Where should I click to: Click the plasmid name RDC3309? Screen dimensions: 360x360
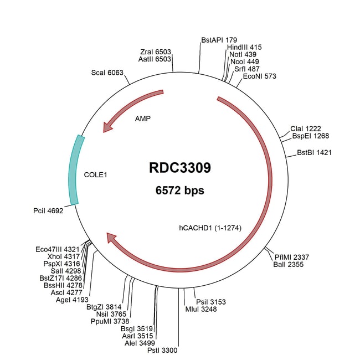pyautogui.click(x=179, y=168)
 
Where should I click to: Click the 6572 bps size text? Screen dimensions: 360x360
pyautogui.click(x=179, y=191)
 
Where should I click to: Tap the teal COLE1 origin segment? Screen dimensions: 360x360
pyautogui.click(x=74, y=169)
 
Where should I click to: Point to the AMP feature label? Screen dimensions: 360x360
pyautogui.click(x=143, y=118)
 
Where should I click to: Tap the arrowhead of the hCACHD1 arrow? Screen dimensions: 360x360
pyautogui.click(x=111, y=238)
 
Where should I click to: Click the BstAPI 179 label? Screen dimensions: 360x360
pyautogui.click(x=219, y=40)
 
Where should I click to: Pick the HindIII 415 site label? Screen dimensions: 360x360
pyautogui.click(x=244, y=48)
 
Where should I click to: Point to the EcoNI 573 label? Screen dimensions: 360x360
pyautogui.click(x=259, y=76)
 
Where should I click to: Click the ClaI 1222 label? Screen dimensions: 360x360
pyautogui.click(x=306, y=128)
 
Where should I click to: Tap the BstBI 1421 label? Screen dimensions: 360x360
pyautogui.click(x=314, y=152)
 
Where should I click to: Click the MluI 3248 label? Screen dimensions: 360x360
pyautogui.click(x=201, y=309)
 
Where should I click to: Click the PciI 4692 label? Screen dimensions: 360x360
pyautogui.click(x=49, y=210)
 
